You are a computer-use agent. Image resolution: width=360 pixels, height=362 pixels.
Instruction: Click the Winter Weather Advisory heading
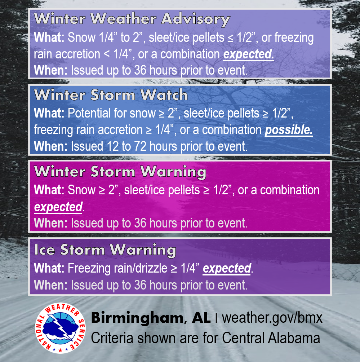click(132, 19)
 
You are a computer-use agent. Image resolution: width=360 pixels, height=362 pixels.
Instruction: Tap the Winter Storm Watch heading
click(111, 95)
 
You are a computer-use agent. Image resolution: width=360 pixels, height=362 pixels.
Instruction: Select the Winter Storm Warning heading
click(120, 172)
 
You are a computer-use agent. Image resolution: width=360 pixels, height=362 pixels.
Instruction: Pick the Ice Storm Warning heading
click(105, 250)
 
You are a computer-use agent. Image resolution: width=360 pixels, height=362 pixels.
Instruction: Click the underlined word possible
click(289, 130)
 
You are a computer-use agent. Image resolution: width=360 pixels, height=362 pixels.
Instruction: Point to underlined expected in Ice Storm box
click(227, 269)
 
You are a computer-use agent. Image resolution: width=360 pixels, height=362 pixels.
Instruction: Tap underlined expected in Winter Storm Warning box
click(58, 207)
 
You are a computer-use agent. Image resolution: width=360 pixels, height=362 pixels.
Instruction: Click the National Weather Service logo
click(60, 328)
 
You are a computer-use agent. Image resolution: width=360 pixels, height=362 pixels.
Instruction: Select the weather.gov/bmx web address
click(272, 318)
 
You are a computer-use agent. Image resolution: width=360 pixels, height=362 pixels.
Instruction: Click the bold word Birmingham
click(137, 318)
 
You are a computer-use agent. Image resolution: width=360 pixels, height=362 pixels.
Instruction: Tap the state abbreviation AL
click(201, 318)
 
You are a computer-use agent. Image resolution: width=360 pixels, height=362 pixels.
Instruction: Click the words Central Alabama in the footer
click(271, 338)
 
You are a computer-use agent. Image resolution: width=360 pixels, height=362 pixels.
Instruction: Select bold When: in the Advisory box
click(50, 70)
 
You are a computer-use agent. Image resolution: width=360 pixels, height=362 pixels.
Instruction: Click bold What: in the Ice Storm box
click(49, 268)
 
